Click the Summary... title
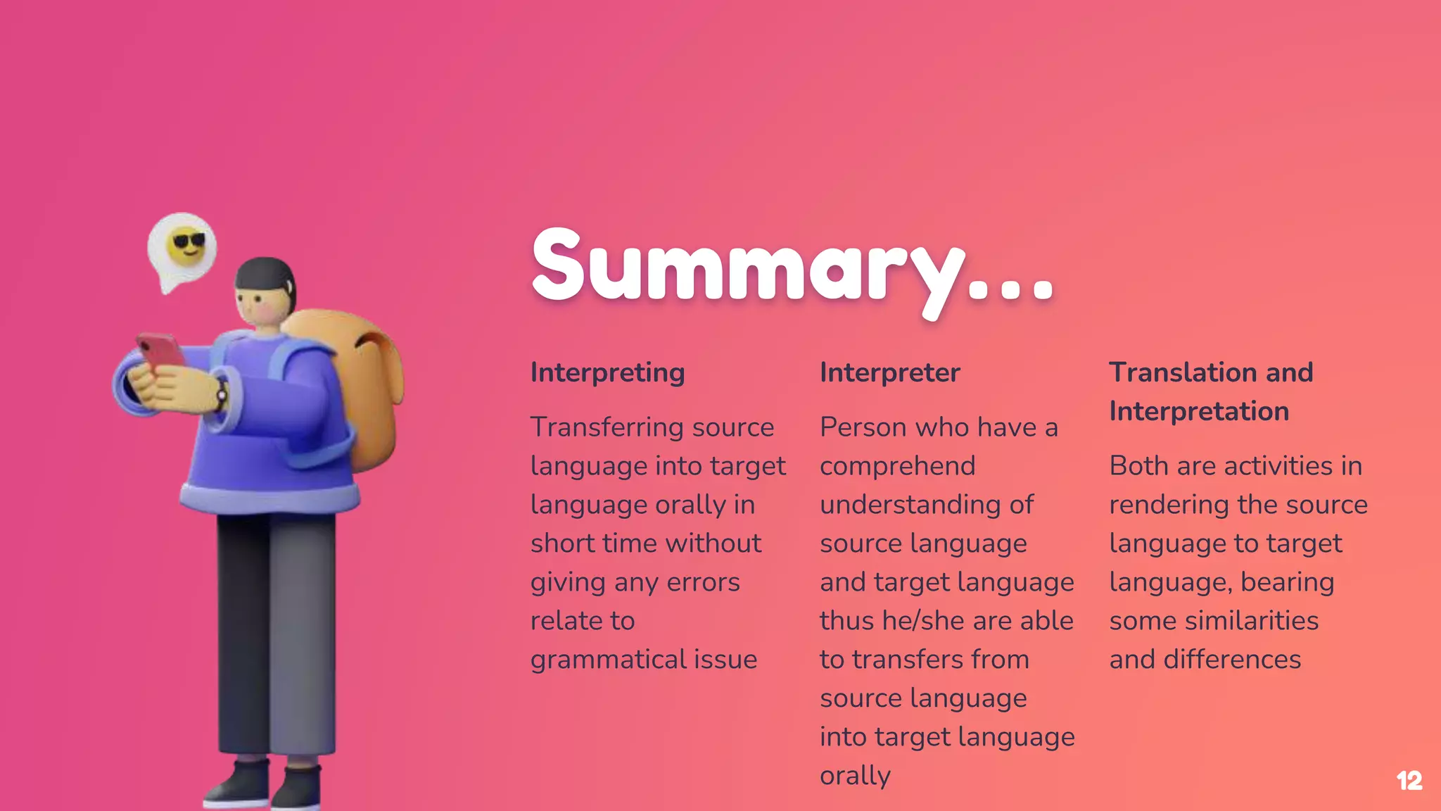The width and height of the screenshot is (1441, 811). pyautogui.click(x=792, y=268)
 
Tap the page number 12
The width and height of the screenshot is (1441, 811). pyautogui.click(x=1409, y=781)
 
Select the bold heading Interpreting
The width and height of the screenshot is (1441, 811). pyautogui.click(x=607, y=372)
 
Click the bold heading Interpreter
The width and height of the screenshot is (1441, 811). pyautogui.click(x=889, y=372)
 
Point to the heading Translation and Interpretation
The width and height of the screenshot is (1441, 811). pyautogui.click(x=1210, y=391)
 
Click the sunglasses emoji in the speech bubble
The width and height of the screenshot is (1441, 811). pyautogui.click(x=187, y=245)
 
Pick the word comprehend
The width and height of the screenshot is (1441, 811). pyautogui.click(x=897, y=466)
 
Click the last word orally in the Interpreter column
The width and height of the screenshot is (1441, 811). pyautogui.click(x=855, y=776)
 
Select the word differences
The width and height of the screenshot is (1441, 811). pyautogui.click(x=1232, y=660)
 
